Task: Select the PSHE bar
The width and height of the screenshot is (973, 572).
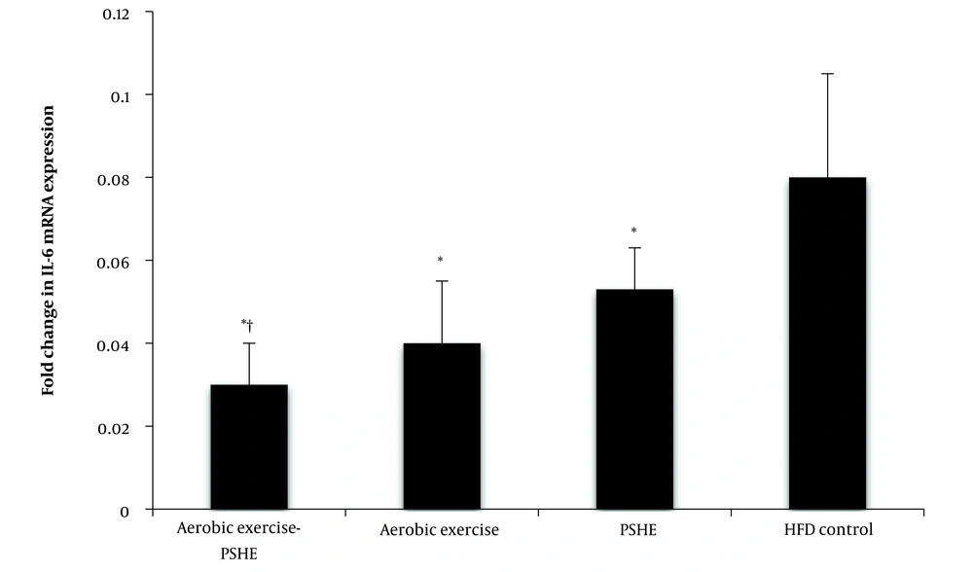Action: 634,399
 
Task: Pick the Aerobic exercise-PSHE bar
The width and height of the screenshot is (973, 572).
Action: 249,447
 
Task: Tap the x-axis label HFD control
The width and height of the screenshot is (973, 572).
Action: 827,530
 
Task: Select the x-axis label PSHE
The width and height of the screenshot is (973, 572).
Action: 634,530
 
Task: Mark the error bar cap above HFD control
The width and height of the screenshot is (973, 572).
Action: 827,74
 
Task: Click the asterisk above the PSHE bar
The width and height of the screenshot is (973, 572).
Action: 634,232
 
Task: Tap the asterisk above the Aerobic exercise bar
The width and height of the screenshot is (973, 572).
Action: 441,261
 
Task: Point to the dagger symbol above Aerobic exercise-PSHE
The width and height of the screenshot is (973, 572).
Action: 251,323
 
